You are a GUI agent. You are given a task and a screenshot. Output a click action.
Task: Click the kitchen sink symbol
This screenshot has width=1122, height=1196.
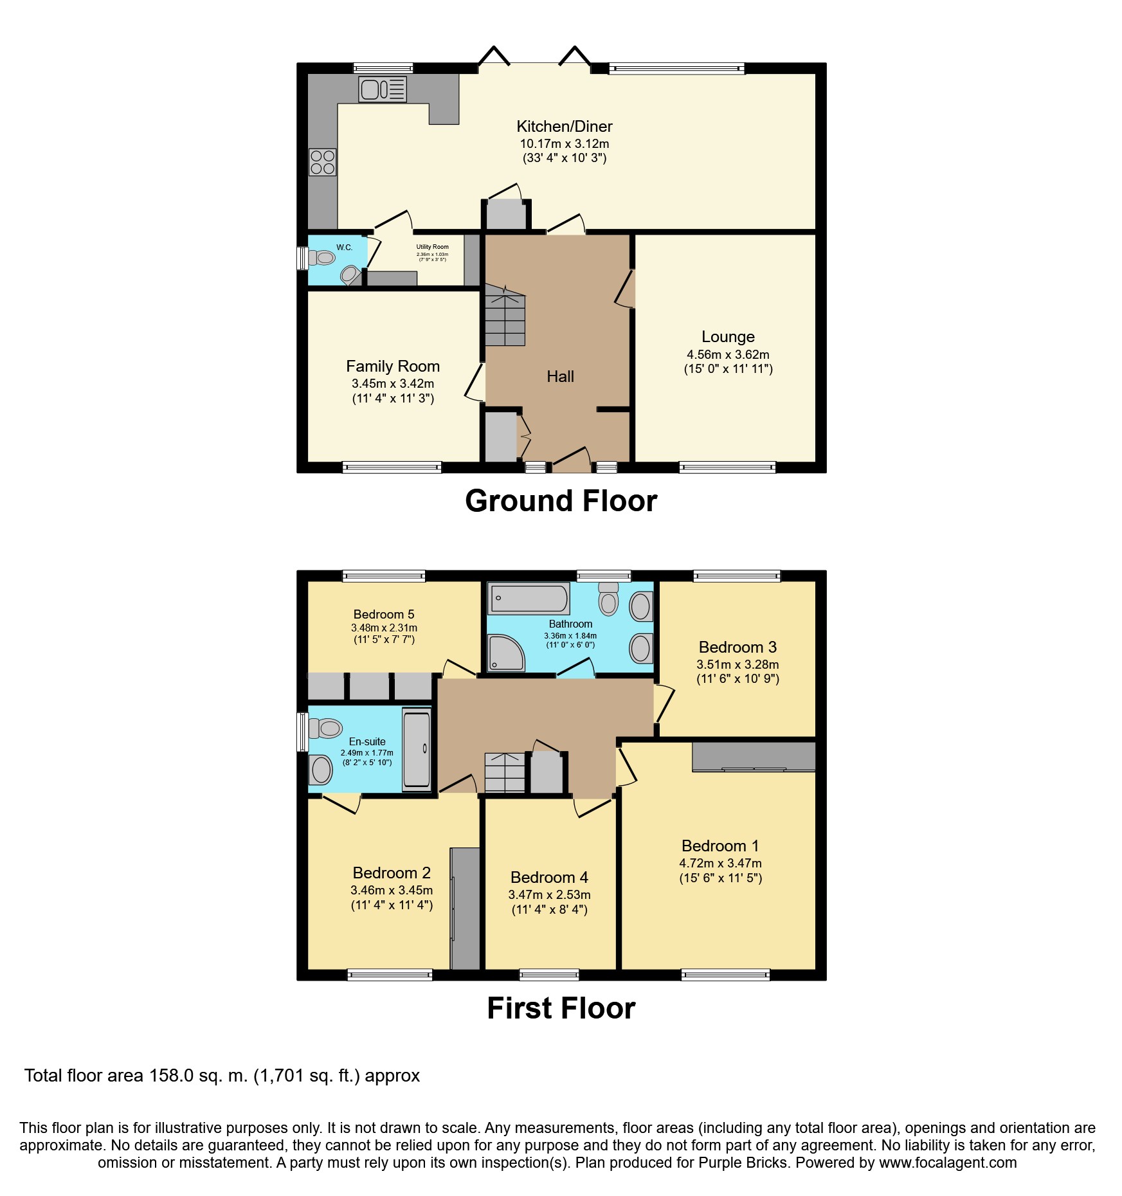383,89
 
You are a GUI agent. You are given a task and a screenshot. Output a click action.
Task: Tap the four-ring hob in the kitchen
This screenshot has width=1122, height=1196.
323,162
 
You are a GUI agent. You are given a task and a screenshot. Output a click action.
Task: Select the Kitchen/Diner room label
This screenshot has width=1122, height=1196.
565,127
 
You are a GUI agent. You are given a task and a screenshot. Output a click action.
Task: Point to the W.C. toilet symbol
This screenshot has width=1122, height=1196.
322,258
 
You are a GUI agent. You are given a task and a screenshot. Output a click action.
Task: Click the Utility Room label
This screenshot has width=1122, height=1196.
432,247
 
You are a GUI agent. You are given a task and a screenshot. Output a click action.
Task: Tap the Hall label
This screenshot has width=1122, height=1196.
560,377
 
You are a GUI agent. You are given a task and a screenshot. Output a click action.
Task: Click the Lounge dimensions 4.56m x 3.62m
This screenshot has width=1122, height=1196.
728,354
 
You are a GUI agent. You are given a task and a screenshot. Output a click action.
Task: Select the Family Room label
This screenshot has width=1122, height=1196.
393,367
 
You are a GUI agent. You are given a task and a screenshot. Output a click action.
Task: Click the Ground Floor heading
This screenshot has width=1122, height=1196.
561,501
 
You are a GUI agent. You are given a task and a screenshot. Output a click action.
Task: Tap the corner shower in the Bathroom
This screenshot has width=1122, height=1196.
506,653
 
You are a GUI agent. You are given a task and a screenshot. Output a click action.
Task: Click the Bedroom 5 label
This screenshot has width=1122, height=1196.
384,614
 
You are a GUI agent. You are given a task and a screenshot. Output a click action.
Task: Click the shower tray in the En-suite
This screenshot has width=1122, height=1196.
417,749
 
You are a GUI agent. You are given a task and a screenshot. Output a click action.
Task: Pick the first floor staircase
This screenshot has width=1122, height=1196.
505,772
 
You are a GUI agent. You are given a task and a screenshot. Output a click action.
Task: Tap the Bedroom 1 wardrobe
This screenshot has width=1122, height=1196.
754,756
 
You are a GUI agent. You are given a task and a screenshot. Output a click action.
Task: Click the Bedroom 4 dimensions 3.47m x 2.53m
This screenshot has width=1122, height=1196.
549,894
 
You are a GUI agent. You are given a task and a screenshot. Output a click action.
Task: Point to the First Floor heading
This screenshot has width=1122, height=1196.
561,1008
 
